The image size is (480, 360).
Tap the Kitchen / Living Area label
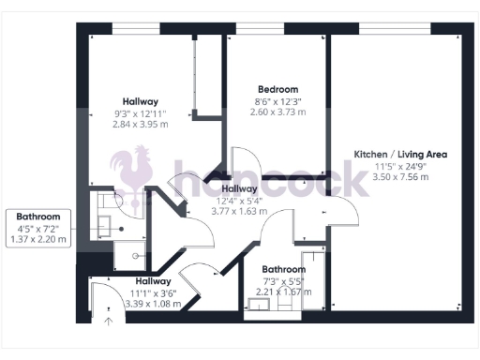(400, 154)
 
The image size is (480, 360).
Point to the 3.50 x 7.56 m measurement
(400, 176)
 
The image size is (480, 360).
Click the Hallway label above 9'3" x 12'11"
(140, 101)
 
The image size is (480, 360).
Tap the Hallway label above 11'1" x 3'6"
(153, 280)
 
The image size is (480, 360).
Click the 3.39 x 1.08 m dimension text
(153, 304)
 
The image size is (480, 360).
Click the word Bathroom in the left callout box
(37, 217)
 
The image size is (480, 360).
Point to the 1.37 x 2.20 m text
(37, 240)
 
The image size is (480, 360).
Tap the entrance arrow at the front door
(108, 322)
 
